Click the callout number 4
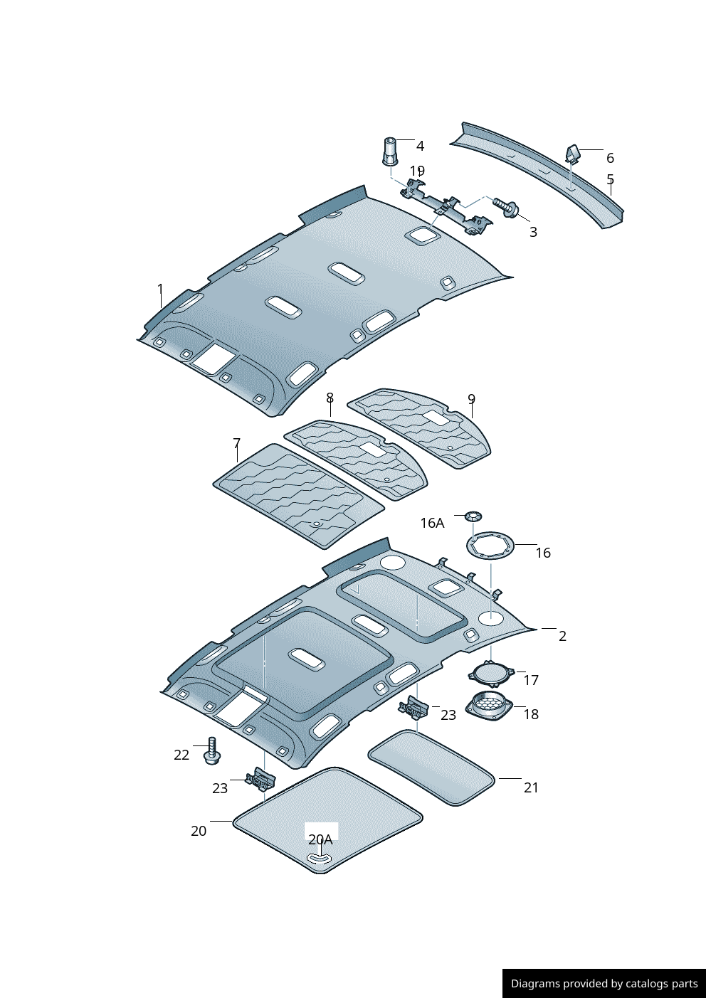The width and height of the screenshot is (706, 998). tap(420, 146)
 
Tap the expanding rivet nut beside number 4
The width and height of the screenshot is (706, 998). tap(390, 151)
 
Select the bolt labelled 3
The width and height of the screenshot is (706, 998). tap(507, 207)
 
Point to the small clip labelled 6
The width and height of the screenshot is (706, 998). tap(572, 154)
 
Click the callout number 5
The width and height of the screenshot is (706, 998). tap(610, 179)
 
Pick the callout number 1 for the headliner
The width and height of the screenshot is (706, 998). tap(160, 289)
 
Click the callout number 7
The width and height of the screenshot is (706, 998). tap(237, 444)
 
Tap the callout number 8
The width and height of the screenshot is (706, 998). tap(330, 398)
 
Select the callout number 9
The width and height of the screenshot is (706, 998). tap(471, 399)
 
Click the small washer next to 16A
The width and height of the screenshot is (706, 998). tap(473, 515)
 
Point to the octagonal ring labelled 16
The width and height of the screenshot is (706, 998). tap(490, 546)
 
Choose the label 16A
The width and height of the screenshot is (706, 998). tap(432, 523)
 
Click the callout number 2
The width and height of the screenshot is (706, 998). tap(562, 636)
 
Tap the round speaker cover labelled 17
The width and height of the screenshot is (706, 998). tap(491, 672)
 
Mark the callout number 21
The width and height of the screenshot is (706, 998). tap(531, 787)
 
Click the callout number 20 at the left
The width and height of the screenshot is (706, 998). tap(199, 831)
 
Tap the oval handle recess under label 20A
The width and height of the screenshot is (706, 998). tap(320, 859)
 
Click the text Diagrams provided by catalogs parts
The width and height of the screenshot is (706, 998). tap(604, 984)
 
